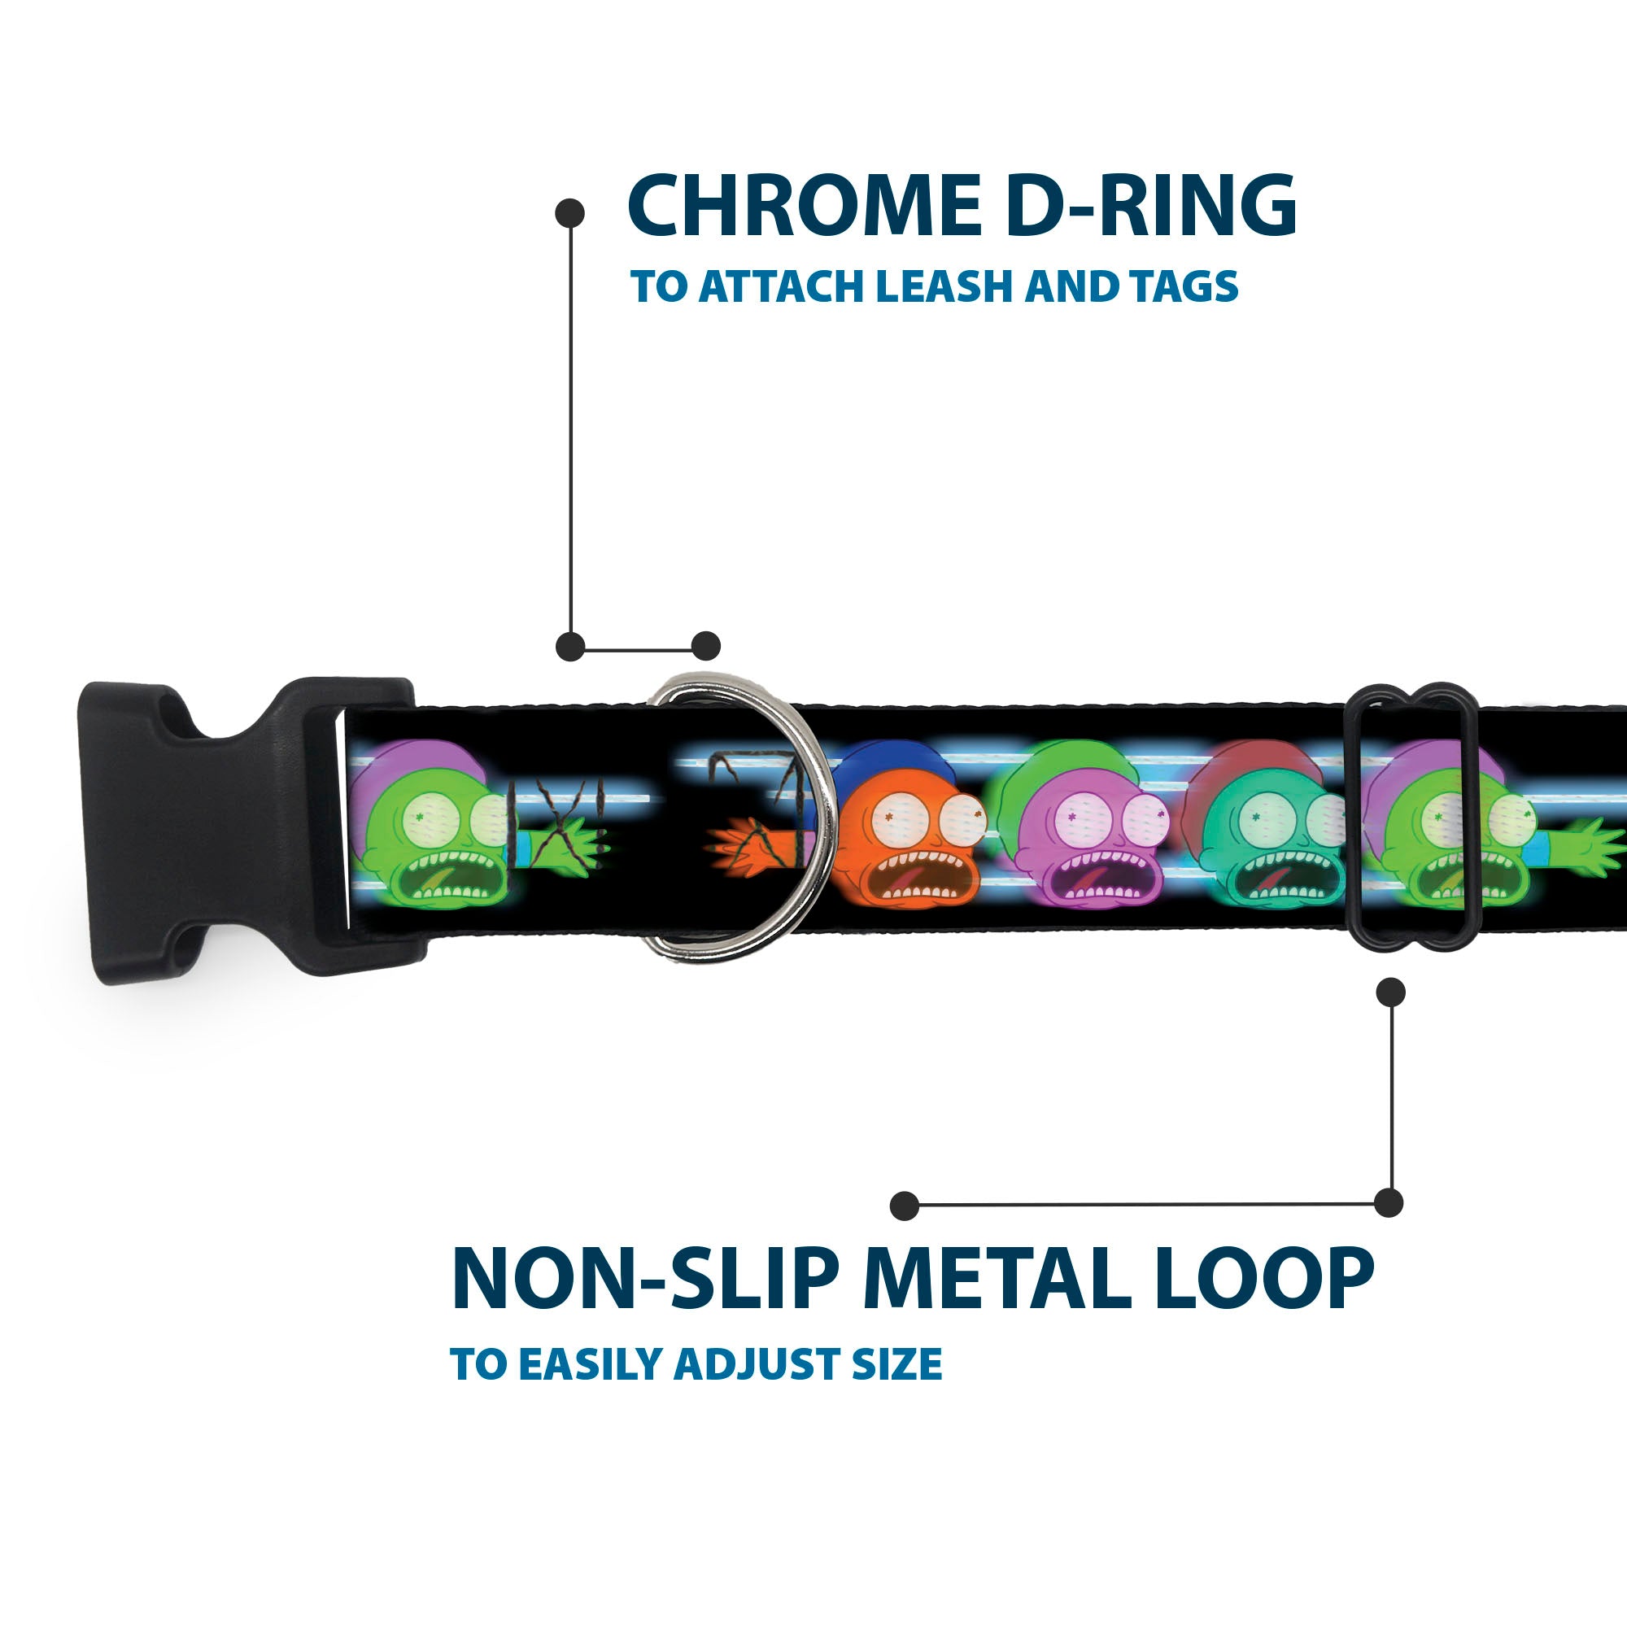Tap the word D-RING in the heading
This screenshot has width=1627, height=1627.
pyautogui.click(x=1150, y=207)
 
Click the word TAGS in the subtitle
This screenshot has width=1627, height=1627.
pyautogui.click(x=1184, y=287)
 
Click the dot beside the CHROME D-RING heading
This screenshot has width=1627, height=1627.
pyautogui.click(x=570, y=213)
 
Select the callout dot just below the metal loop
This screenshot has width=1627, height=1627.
pyautogui.click(x=1390, y=992)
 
